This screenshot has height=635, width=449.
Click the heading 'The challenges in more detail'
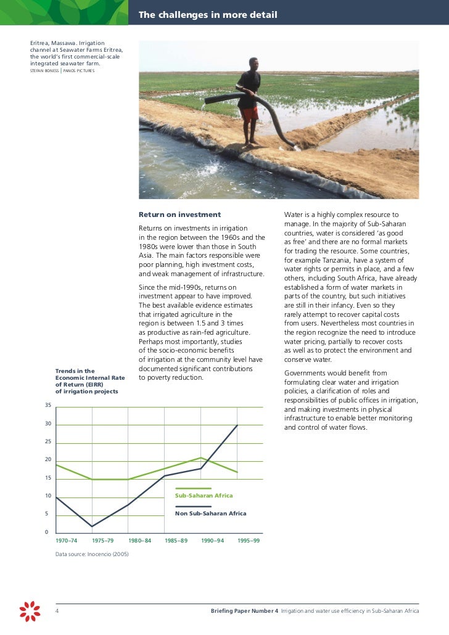[207, 15]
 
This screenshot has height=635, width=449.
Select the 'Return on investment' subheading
[179, 215]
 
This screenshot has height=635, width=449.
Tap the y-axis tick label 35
[47, 406]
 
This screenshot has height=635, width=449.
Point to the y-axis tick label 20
[47, 460]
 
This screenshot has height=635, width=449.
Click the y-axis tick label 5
[47, 514]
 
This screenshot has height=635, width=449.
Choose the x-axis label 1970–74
[67, 541]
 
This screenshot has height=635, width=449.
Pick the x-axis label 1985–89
[176, 541]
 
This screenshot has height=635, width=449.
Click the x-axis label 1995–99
[249, 541]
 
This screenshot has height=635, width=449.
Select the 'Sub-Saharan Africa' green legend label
[204, 496]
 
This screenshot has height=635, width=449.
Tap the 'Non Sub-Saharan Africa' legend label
[210, 514]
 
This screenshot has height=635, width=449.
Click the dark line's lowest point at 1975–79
[92, 526]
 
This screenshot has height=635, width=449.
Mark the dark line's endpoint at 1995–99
[237, 425]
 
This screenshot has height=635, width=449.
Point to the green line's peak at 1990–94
[201, 457]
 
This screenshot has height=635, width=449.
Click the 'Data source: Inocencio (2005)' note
[93, 554]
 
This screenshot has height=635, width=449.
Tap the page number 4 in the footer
[57, 611]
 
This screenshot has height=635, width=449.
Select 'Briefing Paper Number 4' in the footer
[244, 611]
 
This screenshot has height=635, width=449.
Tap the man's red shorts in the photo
[249, 114]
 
